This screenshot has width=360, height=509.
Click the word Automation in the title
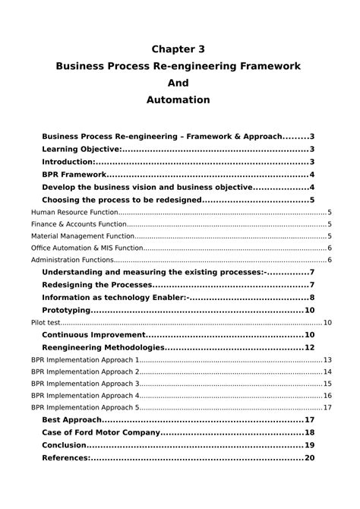click(x=179, y=100)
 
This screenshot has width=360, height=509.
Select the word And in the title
click(x=179, y=83)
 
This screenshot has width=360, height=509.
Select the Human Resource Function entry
click(x=74, y=213)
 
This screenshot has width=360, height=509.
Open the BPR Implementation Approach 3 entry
click(x=85, y=384)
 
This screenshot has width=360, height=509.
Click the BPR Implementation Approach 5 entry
click(x=85, y=407)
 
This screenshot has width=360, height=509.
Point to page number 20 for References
click(x=309, y=458)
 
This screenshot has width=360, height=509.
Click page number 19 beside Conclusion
click(x=309, y=445)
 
